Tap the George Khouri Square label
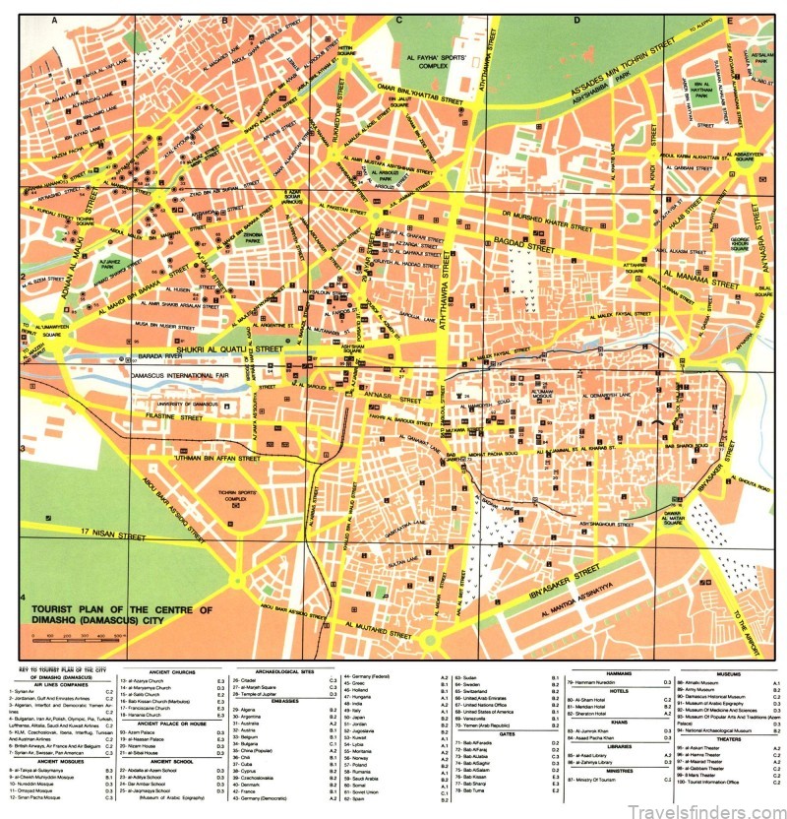click(740, 240)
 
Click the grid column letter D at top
click(575, 20)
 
